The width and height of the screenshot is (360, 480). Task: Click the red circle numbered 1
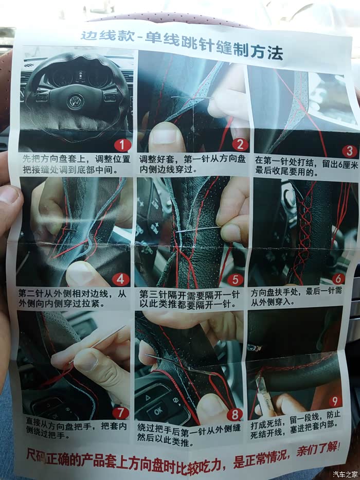tap(123, 145)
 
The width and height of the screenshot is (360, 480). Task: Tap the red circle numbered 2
tap(240, 144)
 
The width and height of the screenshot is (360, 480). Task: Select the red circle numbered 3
tap(350, 151)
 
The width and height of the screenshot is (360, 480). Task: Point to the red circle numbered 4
tap(120, 279)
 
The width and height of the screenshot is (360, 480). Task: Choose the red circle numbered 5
tap(235, 279)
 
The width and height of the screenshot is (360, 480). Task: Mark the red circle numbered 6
tap(338, 278)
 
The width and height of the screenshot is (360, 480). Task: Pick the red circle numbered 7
tap(121, 413)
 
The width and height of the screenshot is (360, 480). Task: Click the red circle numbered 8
tap(235, 415)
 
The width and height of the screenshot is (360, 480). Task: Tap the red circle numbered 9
tap(335, 401)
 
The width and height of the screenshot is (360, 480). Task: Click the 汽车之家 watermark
tap(345, 474)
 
